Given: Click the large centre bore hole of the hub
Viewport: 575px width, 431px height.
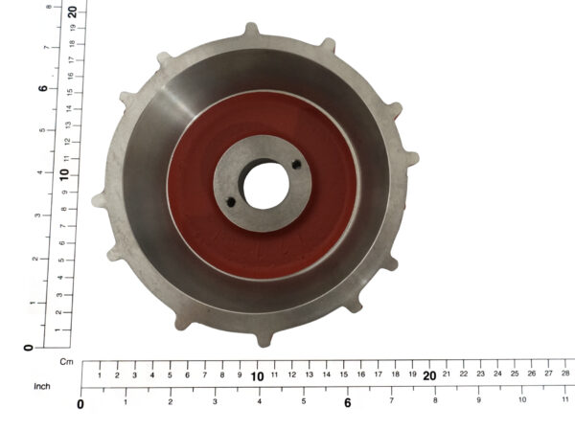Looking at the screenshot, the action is pyautogui.click(x=265, y=186).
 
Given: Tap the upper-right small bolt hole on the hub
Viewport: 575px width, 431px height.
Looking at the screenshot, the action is pyautogui.click(x=297, y=165).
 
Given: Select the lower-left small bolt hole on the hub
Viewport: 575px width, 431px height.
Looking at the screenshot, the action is pyautogui.click(x=231, y=202).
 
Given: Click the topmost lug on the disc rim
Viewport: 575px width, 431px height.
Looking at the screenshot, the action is pyautogui.click(x=251, y=29).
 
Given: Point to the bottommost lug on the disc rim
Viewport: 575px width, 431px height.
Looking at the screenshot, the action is pyautogui.click(x=264, y=339).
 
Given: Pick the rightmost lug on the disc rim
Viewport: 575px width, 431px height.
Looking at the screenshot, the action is pyautogui.click(x=412, y=159).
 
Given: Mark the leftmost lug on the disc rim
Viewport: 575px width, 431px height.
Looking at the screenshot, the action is pyautogui.click(x=99, y=200).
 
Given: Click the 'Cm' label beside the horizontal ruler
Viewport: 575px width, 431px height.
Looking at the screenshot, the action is pyautogui.click(x=66, y=362).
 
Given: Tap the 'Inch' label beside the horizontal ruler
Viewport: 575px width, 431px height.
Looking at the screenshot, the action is pyautogui.click(x=42, y=386).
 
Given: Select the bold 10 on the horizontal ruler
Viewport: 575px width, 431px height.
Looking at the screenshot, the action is pyautogui.click(x=257, y=376).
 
